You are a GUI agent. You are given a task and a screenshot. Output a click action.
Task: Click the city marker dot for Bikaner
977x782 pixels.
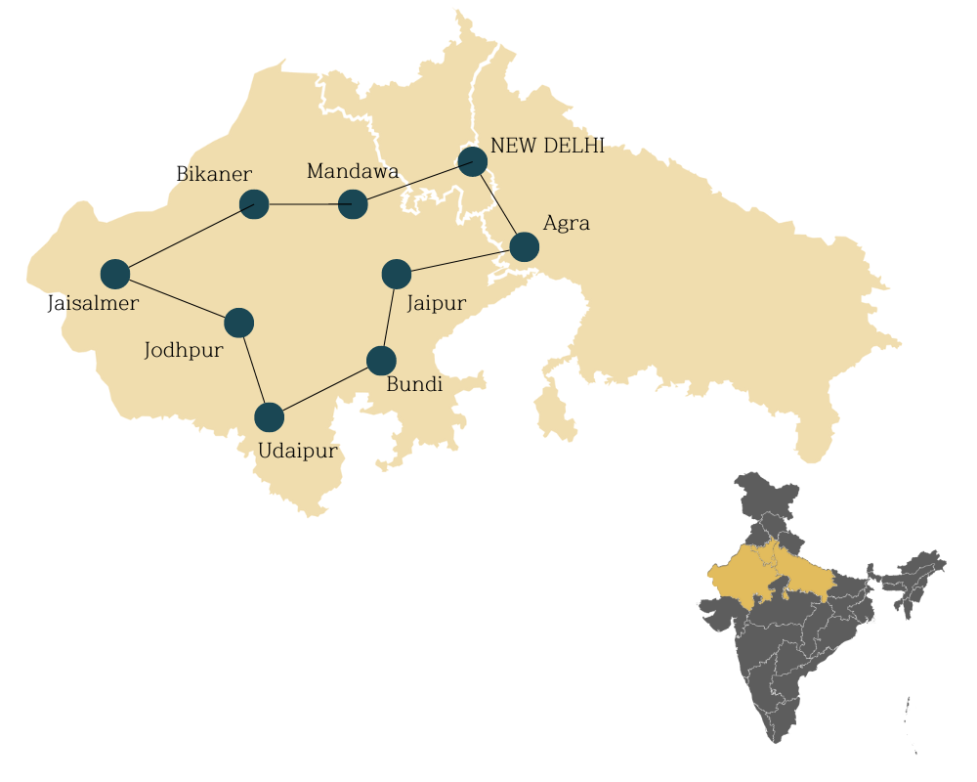click(254, 204)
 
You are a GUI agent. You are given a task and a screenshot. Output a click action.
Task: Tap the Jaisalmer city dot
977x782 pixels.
click(115, 275)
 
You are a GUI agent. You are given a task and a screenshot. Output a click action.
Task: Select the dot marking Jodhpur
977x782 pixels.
click(238, 323)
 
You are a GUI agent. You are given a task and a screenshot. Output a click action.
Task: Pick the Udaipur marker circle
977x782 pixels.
click(269, 417)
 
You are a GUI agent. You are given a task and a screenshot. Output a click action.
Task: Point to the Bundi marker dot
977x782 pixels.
click(381, 361)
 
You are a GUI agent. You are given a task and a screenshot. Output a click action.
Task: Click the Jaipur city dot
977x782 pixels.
click(397, 274)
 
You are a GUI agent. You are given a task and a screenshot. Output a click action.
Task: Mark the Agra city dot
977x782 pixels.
click(524, 247)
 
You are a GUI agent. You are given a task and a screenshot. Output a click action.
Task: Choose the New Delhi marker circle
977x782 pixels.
click(473, 161)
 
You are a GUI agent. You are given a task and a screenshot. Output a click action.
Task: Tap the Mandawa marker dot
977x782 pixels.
click(353, 205)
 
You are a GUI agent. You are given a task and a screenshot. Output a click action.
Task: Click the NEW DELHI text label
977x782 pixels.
click(547, 146)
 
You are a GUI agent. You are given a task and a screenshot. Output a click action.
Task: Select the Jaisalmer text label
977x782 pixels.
click(93, 303)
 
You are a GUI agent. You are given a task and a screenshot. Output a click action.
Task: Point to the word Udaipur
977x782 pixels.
click(297, 451)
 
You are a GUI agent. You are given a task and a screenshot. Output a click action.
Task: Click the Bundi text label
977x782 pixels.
click(414, 384)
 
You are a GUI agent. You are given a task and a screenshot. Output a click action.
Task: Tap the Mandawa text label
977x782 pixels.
click(352, 172)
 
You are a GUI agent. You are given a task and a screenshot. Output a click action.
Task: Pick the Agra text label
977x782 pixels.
click(566, 223)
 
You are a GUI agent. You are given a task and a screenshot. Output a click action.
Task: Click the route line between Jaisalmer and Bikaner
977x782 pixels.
click(185, 239)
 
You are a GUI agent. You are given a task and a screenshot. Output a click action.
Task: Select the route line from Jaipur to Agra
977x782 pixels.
click(460, 261)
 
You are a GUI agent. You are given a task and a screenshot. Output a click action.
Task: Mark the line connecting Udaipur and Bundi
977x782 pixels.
click(325, 389)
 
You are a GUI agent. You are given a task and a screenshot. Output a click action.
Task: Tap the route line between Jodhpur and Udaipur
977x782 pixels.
click(254, 370)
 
